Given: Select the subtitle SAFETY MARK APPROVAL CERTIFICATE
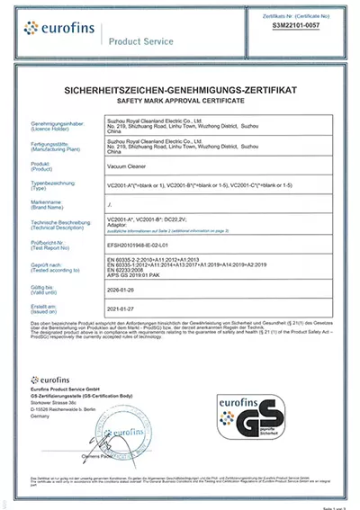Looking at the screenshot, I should click(x=180, y=101).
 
